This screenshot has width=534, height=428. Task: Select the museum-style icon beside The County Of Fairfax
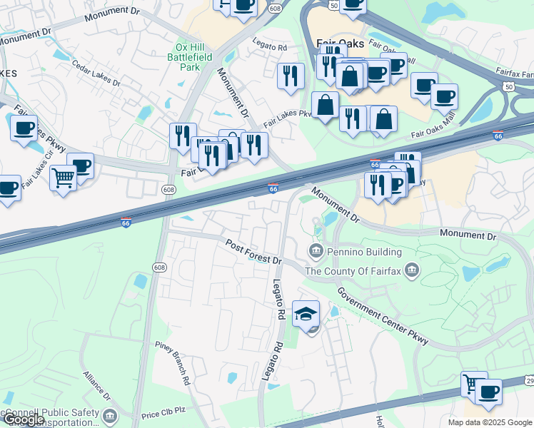pos(412,270)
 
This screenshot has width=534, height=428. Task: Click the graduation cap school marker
pos(306,315)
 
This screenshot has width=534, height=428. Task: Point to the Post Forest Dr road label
pos(253,251)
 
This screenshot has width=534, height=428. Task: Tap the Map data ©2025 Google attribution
pos(490,422)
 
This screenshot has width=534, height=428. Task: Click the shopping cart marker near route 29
pos(473,384)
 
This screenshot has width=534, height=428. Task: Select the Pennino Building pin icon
pos(315,251)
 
